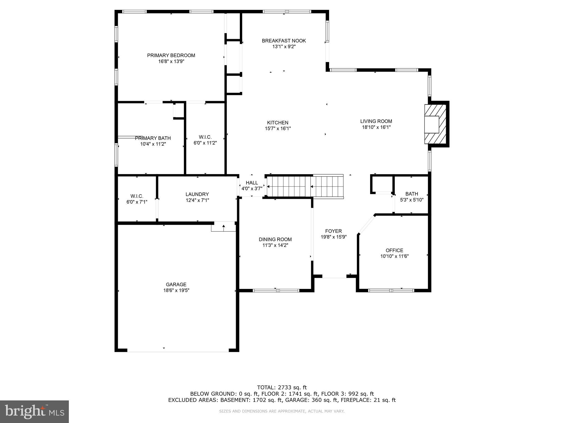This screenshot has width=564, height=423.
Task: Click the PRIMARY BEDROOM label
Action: click(x=171, y=55)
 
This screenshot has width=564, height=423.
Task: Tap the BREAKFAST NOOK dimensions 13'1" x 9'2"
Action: click(x=284, y=47)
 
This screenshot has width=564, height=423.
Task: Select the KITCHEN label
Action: click(x=278, y=123)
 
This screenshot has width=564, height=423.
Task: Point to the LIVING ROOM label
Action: click(x=376, y=121)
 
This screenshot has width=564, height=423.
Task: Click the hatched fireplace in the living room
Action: click(x=435, y=124)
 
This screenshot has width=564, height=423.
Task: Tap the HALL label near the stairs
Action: click(x=252, y=183)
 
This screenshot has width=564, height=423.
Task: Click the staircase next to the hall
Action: click(x=304, y=186)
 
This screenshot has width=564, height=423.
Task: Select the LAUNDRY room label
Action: click(x=197, y=194)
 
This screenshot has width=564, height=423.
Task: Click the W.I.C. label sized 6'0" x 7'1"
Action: click(x=137, y=196)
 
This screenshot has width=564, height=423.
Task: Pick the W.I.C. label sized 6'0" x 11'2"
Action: click(x=205, y=137)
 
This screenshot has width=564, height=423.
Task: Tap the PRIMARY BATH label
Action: click(x=153, y=138)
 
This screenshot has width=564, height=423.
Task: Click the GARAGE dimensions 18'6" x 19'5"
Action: click(x=176, y=290)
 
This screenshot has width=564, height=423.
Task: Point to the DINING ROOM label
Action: click(x=275, y=239)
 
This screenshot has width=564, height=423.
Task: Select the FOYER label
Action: click(x=333, y=231)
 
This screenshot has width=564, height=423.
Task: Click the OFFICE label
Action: click(x=394, y=250)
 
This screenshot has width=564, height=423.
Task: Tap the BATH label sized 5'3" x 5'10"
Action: click(x=411, y=194)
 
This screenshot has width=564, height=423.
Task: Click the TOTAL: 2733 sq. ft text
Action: click(x=282, y=388)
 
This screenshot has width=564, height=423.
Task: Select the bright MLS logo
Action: click(x=34, y=411)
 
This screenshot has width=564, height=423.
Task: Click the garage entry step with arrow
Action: click(x=223, y=227)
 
